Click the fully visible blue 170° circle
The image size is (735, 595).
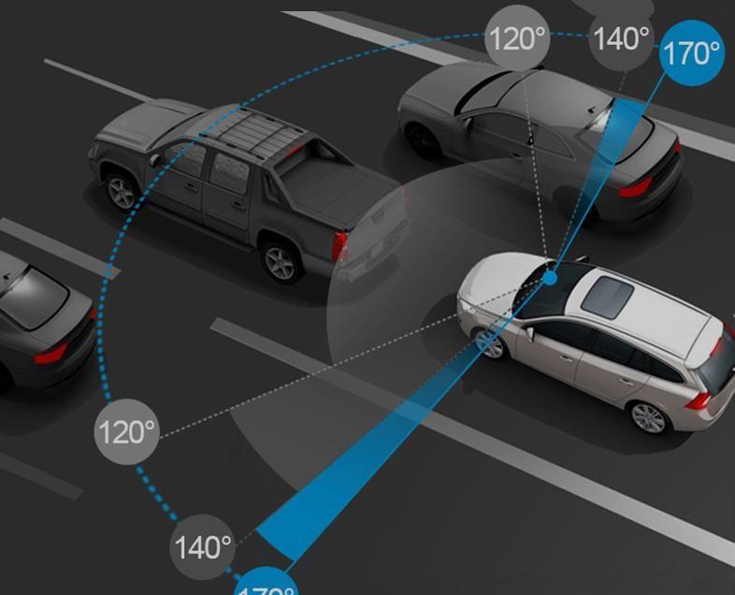(692, 53)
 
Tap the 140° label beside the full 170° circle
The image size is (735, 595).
(621, 39)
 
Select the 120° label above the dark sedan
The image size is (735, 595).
(517, 39)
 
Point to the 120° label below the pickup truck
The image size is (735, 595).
(127, 431)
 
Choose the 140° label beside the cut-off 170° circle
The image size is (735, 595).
(203, 547)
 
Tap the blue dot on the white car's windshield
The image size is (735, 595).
(551, 278)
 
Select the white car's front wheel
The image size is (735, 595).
(489, 342)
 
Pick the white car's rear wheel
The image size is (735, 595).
(649, 417)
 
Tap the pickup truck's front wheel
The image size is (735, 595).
(122, 192)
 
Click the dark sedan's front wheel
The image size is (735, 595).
(423, 140)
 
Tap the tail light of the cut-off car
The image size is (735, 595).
(50, 353)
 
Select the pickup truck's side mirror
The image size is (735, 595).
(155, 159)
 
